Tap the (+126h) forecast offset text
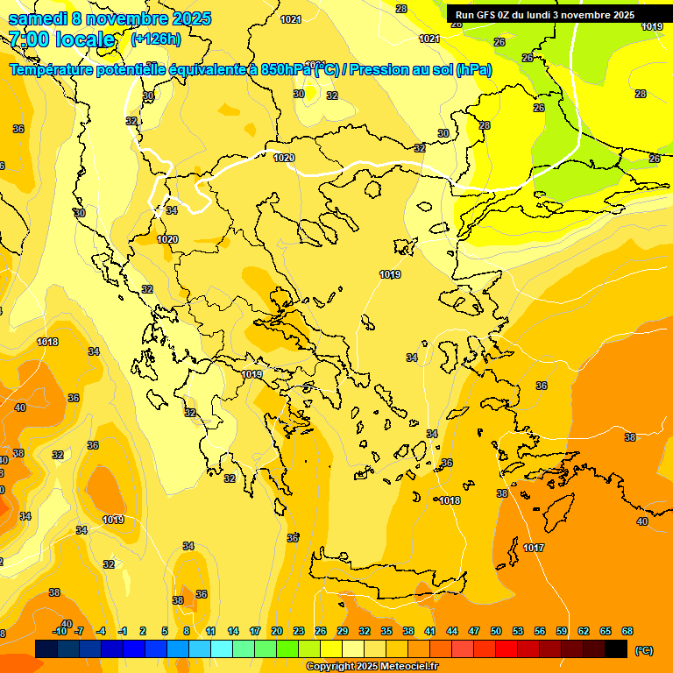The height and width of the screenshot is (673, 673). point(156,39)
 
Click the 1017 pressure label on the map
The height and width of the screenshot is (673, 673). point(534,548)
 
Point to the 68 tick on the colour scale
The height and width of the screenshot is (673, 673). point(627,631)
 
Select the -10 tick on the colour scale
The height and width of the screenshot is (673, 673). point(60,631)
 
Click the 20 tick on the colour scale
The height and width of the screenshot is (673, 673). point(276,631)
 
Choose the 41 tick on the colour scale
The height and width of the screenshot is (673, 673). point(429,631)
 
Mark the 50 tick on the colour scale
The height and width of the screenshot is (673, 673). point(496,631)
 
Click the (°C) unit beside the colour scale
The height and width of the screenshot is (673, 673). point(644,650)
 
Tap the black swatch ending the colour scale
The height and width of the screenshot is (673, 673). point(616,648)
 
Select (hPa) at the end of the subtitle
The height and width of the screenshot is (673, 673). point(473,70)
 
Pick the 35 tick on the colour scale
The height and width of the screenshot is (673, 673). point(386,631)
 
